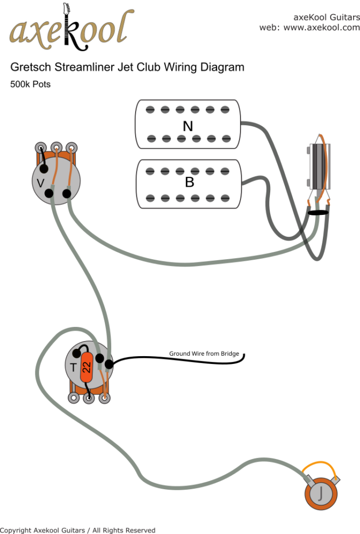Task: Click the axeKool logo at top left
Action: point(68,30)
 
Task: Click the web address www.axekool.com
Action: point(321,28)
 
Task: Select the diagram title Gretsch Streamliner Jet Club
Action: point(127,67)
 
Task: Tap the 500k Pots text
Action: point(30,84)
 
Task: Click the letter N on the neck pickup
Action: point(188,127)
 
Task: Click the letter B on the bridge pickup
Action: point(189,183)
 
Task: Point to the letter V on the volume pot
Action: point(40,183)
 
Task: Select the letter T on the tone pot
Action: point(74,367)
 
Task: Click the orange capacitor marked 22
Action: point(87,367)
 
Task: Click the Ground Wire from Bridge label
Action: point(203,354)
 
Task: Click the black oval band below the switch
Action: point(317,212)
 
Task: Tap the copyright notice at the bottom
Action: point(78,530)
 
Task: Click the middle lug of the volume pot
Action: point(56,147)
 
